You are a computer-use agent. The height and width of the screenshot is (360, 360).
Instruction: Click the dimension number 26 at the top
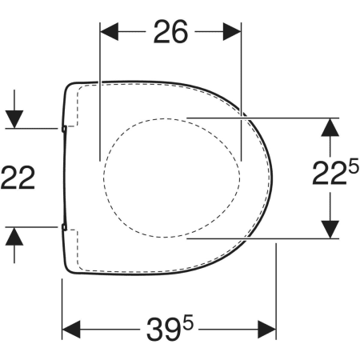coord(170,31)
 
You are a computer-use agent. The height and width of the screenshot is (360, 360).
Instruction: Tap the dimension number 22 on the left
coord(18,178)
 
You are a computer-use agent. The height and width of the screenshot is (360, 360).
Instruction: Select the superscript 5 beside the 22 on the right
coord(354,169)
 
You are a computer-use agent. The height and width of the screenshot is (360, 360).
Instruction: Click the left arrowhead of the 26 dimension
coord(109,31)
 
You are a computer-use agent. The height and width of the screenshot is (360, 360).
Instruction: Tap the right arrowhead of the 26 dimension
coord(232,31)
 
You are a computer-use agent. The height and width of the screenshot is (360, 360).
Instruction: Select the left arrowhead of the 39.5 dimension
coord(71,330)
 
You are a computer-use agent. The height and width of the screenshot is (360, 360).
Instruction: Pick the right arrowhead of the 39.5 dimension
coord(267,330)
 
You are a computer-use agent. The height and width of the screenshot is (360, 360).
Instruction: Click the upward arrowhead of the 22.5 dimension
coord(330,127)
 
